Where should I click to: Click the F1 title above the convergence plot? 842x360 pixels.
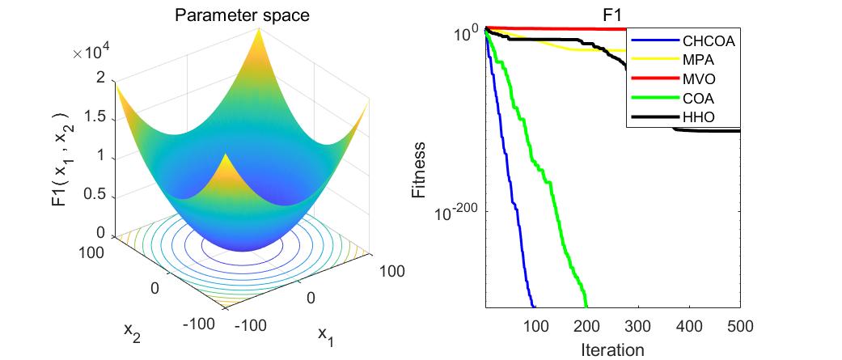[x=611, y=14]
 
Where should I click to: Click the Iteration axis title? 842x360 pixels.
[x=612, y=349]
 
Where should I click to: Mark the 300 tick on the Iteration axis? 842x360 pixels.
[x=637, y=326]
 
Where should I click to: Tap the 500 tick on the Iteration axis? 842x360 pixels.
[x=740, y=326]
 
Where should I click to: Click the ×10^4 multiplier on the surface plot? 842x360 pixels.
[x=91, y=53]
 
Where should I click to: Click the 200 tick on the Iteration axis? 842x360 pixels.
[x=586, y=326]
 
